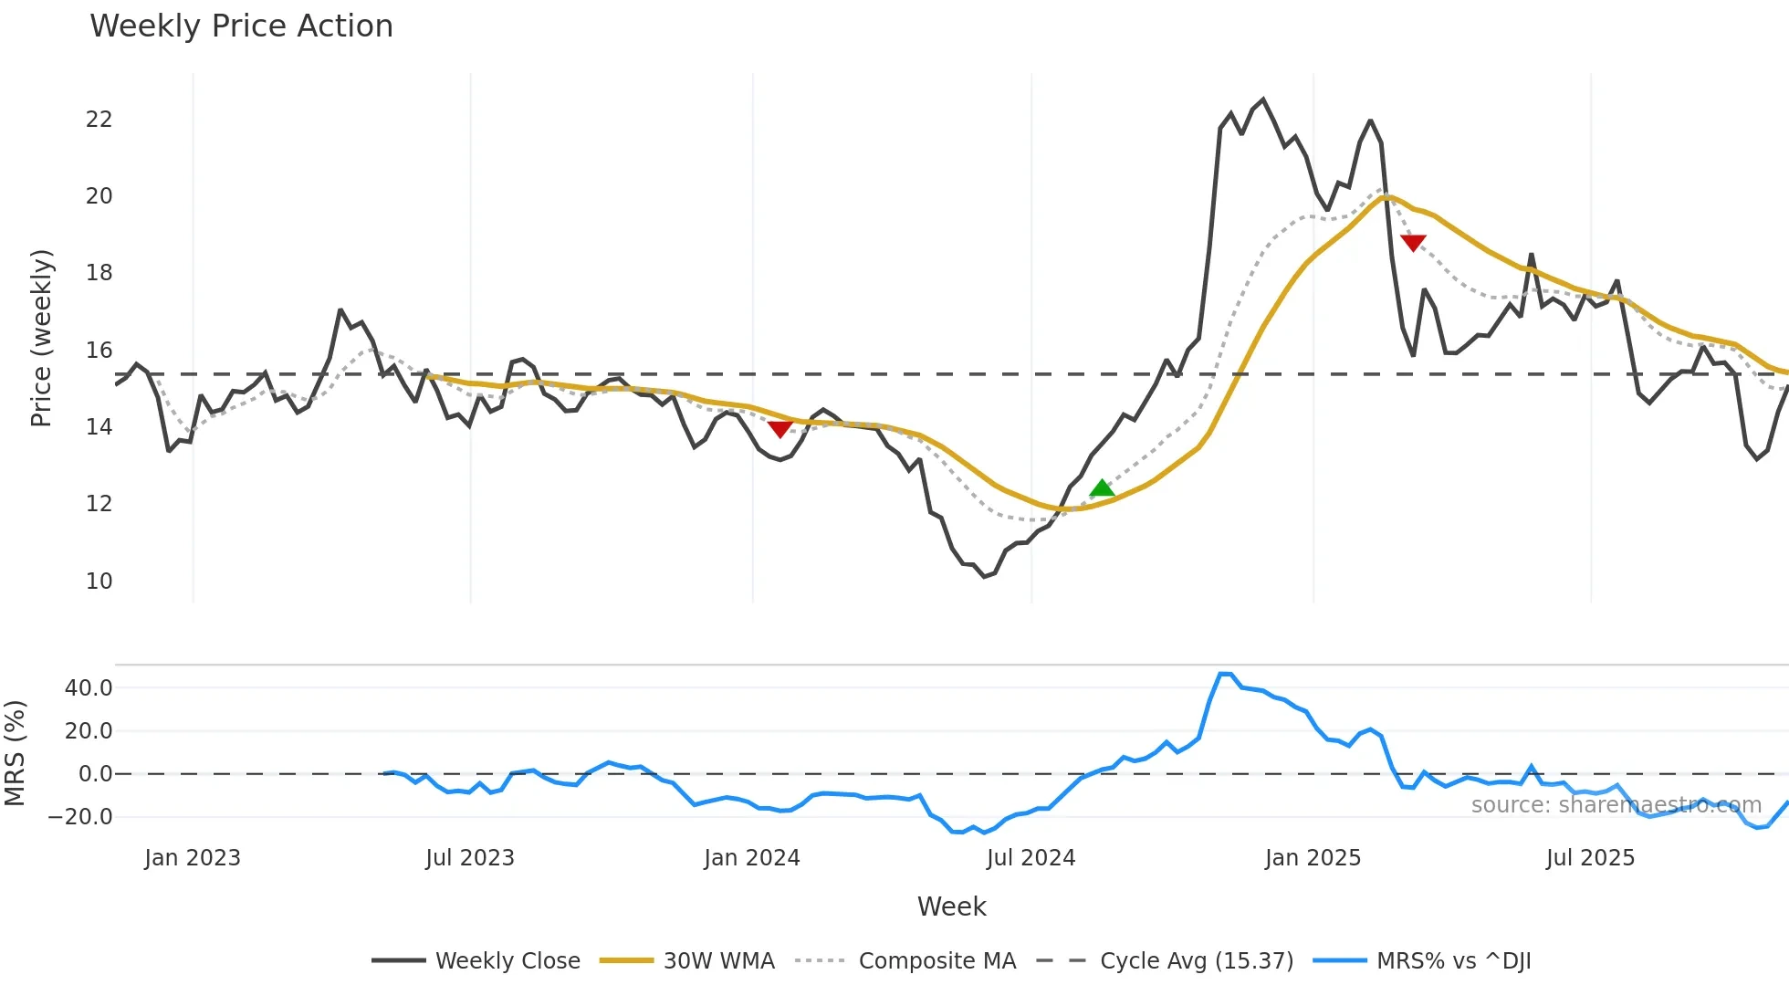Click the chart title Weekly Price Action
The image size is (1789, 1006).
(x=241, y=26)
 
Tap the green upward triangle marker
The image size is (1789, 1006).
(x=1102, y=488)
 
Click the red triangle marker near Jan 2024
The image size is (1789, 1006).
(x=779, y=428)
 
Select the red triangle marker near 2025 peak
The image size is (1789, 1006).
(x=1412, y=243)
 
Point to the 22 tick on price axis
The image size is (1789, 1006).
(x=99, y=120)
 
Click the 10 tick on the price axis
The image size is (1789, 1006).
(x=99, y=581)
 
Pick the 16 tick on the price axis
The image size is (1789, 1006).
(x=99, y=351)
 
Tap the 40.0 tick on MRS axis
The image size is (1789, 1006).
(x=89, y=687)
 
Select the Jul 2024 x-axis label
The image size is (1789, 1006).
(x=1031, y=858)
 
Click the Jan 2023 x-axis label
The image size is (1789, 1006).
(x=193, y=858)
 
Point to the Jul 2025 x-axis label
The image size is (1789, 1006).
(x=1590, y=858)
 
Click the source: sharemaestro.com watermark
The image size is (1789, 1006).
(x=1616, y=805)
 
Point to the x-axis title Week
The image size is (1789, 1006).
(x=951, y=906)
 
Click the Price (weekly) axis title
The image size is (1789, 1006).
(x=41, y=338)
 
